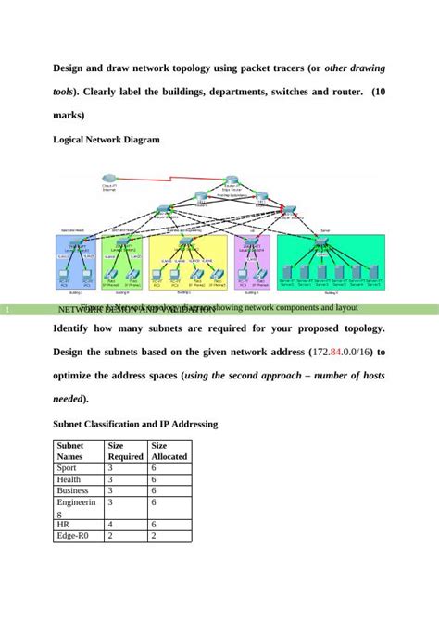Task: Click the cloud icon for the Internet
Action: (x=108, y=179)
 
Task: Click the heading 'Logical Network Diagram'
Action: (x=107, y=140)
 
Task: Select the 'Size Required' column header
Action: (x=125, y=451)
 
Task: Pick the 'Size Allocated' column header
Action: (x=169, y=451)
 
